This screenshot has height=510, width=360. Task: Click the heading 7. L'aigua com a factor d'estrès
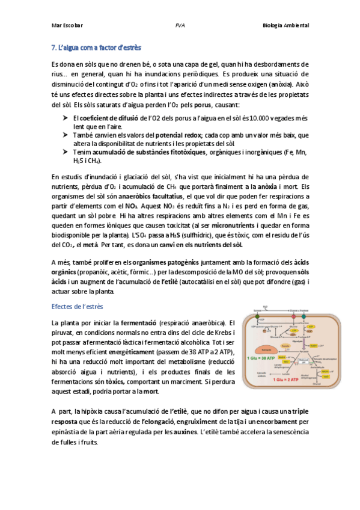click(x=96, y=47)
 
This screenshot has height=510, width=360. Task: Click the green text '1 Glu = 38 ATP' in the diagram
click(x=261, y=358)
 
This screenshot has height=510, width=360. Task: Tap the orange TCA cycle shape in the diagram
click(x=264, y=349)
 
